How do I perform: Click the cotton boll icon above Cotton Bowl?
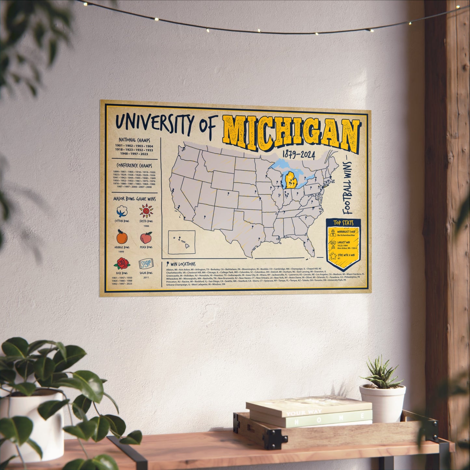pos(122,212)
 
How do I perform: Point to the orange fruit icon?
pos(122,237)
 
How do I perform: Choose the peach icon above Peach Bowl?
pos(146,238)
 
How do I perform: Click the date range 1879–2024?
pos(298,155)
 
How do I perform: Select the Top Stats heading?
pos(343,223)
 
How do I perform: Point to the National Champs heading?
pos(134,140)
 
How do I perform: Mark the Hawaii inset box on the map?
pos(182,242)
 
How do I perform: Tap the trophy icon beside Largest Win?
pos(333,244)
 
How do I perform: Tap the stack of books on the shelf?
pos(309,411)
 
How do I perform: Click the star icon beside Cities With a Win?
pos(333,256)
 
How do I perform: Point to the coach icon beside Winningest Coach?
pos(332,233)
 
